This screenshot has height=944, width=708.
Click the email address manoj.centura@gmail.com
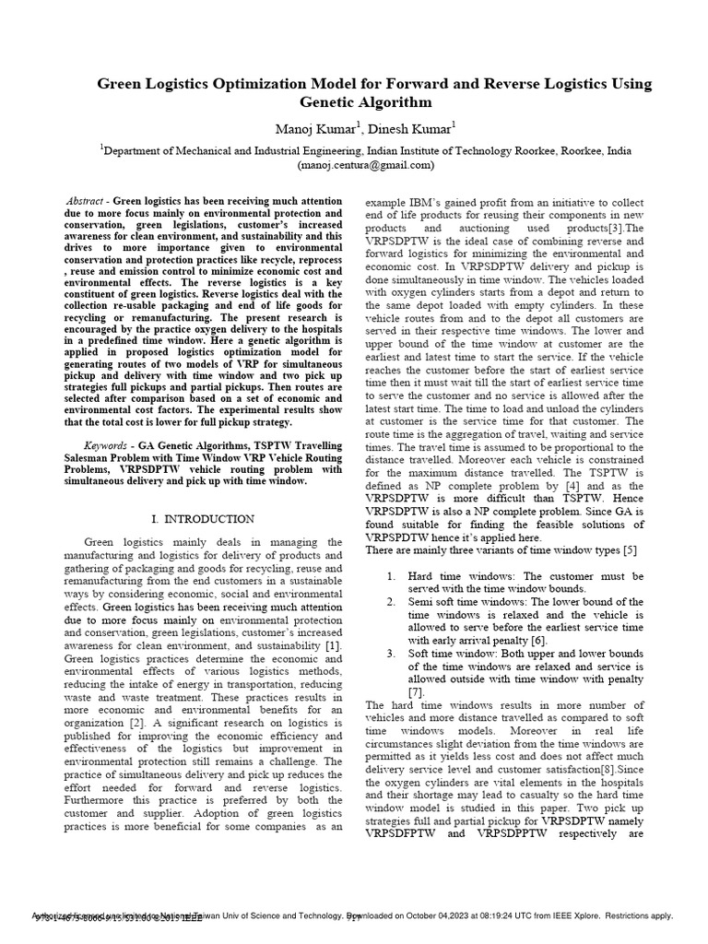coord(365,165)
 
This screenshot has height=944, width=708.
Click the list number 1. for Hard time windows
coord(391,575)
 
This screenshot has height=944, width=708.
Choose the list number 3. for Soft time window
coord(391,653)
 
